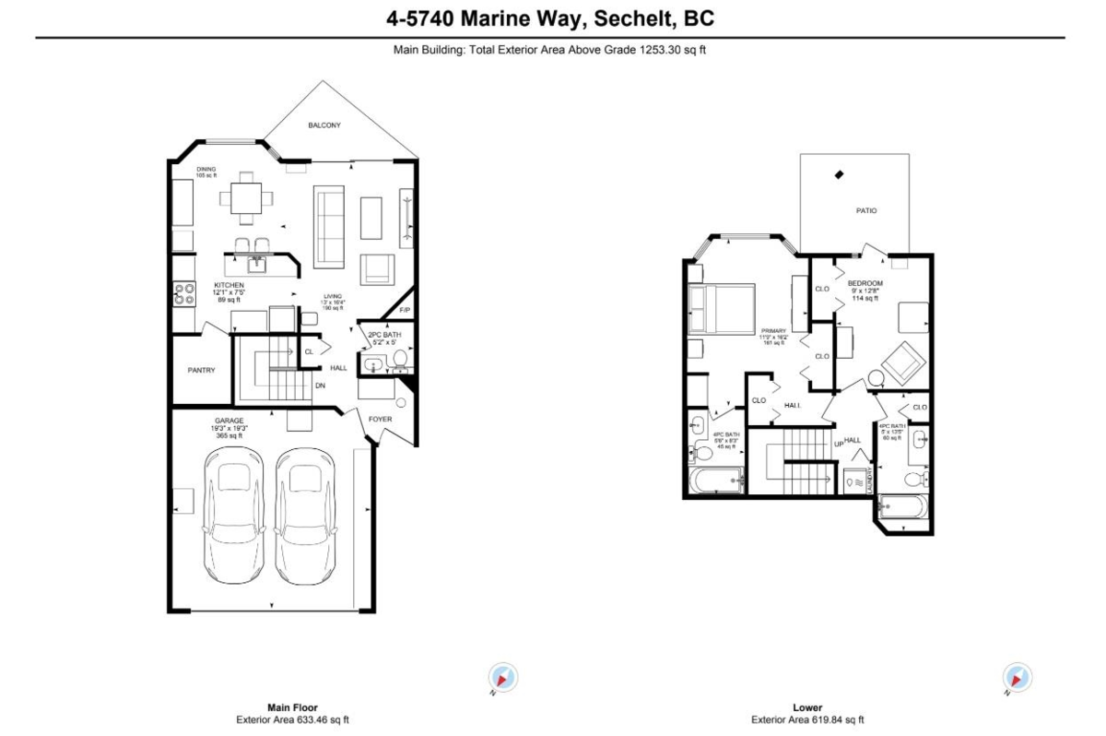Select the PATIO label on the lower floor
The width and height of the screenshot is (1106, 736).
[865, 210]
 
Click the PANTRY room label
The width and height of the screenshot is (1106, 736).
[201, 371]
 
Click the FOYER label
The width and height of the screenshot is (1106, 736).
[380, 418]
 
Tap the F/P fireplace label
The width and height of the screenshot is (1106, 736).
[404, 310]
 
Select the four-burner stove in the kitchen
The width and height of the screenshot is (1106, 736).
[183, 293]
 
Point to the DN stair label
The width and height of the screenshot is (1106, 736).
[320, 386]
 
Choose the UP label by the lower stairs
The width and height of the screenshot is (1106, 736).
[839, 442]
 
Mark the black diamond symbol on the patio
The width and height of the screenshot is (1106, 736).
[838, 174]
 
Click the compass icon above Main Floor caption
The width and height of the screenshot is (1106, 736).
[503, 677]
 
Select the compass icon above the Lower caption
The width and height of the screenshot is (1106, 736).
[1018, 677]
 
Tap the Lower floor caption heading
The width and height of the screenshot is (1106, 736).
[806, 708]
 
